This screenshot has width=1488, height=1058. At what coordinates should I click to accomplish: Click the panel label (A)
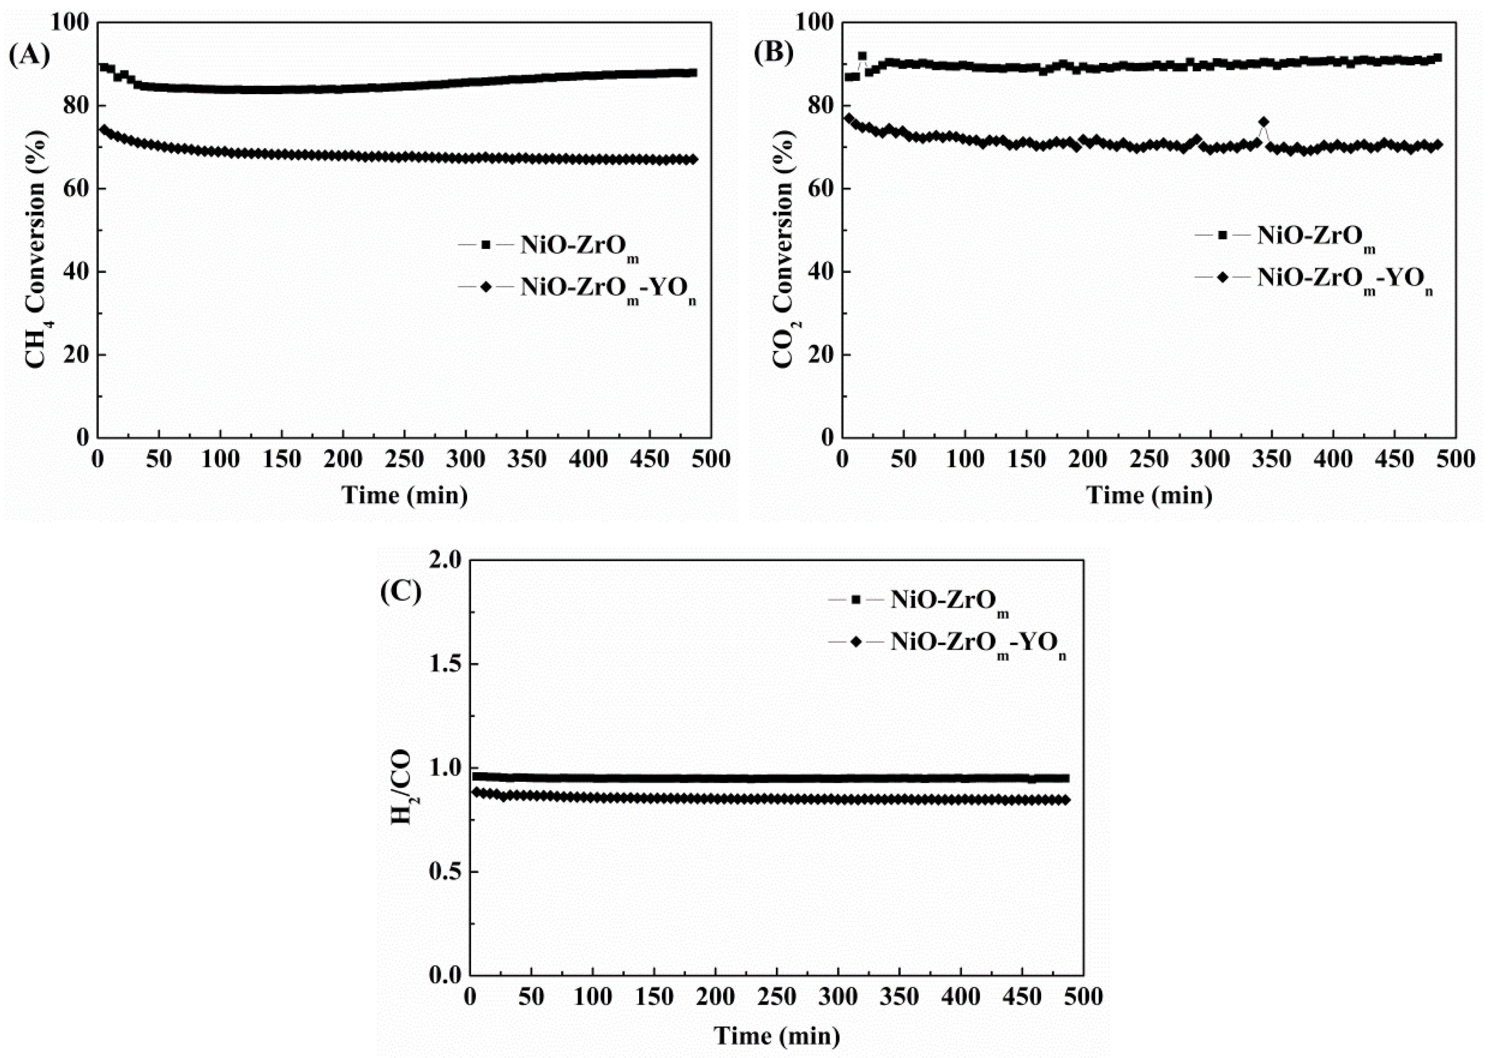[29, 56]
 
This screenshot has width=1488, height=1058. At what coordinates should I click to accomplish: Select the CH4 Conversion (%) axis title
[36, 229]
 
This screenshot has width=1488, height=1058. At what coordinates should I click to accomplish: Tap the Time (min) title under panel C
[777, 1035]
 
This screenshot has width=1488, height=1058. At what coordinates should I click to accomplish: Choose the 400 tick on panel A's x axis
[588, 459]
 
